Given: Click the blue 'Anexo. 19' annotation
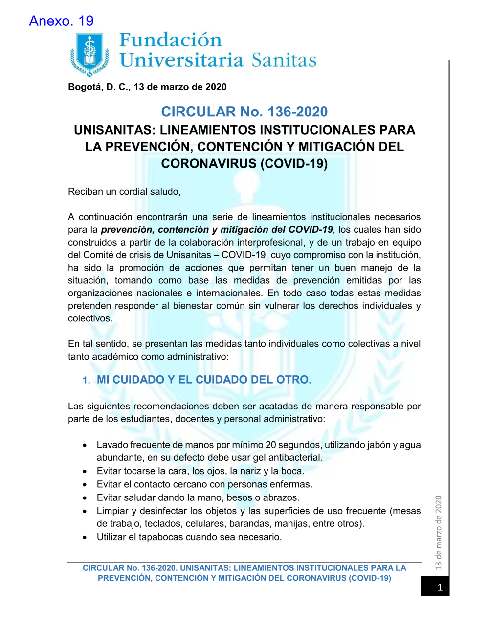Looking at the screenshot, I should [x=61, y=21].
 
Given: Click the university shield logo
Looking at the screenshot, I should [x=89, y=54].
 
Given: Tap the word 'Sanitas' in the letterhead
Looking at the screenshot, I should [x=284, y=60].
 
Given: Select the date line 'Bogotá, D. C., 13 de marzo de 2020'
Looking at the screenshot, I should [x=147, y=87].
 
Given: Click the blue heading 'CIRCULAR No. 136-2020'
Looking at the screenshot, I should [x=244, y=112].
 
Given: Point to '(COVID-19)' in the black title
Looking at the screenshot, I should [x=294, y=163].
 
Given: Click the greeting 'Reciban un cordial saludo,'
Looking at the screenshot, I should [x=124, y=192].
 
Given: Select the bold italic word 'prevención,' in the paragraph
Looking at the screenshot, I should [x=128, y=230].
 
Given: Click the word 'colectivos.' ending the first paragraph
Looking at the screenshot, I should [x=90, y=318].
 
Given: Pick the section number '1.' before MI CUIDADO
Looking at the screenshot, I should [x=86, y=381].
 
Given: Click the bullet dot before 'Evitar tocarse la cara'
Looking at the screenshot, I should [x=85, y=472].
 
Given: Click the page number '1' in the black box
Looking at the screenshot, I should [x=440, y=587].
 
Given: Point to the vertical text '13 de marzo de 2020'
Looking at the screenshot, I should [x=439, y=532].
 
